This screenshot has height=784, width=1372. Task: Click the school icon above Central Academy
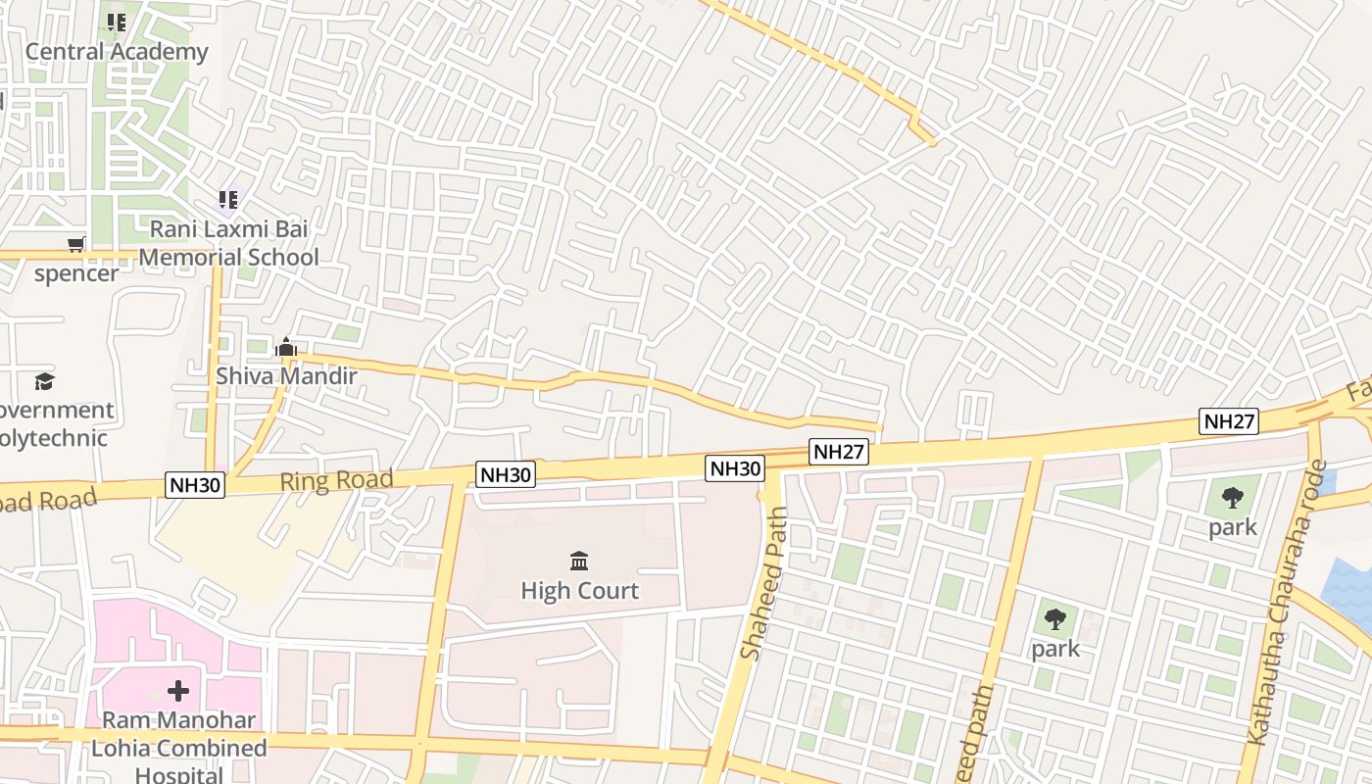(x=117, y=22)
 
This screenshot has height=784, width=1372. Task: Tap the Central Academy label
(x=117, y=52)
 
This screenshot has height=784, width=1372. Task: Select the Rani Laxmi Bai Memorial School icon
(x=228, y=200)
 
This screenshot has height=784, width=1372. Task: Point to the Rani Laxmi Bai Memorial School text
(x=229, y=243)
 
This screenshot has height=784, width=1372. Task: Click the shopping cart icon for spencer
(x=75, y=244)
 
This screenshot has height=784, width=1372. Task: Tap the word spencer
(x=76, y=273)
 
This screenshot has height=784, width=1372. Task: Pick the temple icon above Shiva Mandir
(x=286, y=347)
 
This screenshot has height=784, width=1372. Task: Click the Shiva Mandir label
(x=286, y=375)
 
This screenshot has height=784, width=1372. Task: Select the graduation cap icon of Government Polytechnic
(x=44, y=380)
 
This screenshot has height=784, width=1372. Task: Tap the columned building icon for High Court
(x=579, y=562)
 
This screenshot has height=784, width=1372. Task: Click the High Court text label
(x=579, y=591)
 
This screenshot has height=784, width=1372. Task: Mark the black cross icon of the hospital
(x=178, y=692)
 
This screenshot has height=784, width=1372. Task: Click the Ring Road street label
(x=336, y=480)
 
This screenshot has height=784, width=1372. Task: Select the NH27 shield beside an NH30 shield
(x=839, y=452)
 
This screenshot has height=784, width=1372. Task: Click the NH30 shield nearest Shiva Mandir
(x=196, y=484)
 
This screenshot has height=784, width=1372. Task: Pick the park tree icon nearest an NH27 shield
(x=1233, y=498)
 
